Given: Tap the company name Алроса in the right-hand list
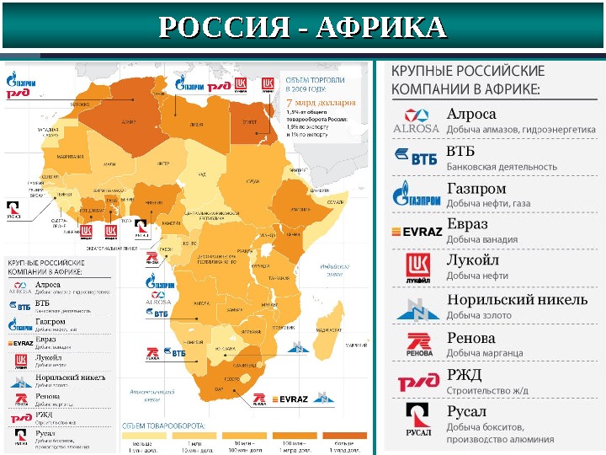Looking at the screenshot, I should [470, 114].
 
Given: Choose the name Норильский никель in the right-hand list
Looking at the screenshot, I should [517, 298].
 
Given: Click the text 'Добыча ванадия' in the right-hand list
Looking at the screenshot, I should [481, 239].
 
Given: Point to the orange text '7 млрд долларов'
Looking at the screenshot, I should [321, 102].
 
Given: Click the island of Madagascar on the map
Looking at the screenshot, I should [331, 324].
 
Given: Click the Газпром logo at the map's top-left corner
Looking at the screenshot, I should [24, 81].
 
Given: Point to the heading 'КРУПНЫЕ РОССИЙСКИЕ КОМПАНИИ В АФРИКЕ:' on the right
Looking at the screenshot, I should [467, 79].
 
